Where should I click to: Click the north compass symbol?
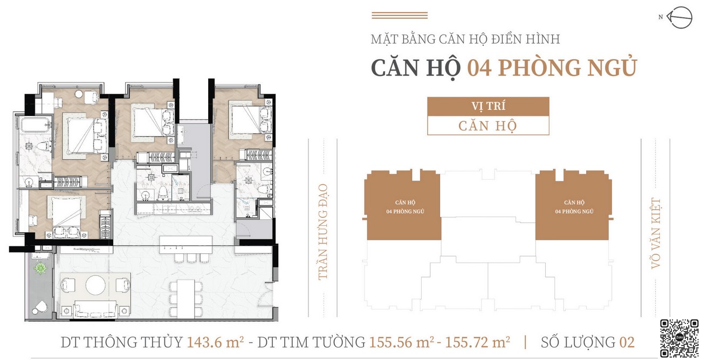(679, 18)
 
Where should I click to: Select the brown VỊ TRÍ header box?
(487, 106)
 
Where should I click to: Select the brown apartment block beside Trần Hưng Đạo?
(403, 206)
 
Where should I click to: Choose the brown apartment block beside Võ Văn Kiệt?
(574, 206)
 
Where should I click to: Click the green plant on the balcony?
(39, 269)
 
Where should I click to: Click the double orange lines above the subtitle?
(400, 16)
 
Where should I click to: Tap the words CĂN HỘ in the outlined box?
(487, 126)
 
